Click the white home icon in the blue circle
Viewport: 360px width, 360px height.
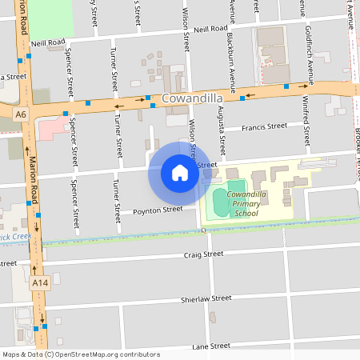point(179,173)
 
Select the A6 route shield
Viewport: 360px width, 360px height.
point(20,115)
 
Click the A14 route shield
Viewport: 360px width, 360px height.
point(40,282)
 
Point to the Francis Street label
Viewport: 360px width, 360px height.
point(264,126)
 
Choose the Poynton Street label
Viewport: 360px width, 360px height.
point(158,210)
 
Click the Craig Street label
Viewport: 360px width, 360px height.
point(203,254)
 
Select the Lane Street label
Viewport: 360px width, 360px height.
point(211,346)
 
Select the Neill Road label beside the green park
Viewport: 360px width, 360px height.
point(48,42)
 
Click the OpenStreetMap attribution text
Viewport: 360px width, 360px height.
point(80,354)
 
